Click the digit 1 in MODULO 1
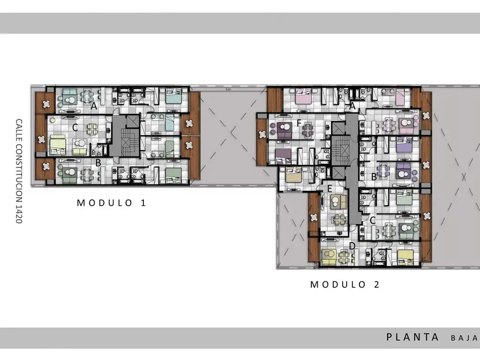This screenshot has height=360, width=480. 143,202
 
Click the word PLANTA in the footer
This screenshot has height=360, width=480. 412,337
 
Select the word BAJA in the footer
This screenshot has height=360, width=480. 464,338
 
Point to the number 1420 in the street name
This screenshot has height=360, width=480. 19,214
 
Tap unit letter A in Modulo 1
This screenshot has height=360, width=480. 94,106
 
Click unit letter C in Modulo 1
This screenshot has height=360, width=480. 75,127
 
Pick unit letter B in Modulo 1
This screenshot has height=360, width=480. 98,163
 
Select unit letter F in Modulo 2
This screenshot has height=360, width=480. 299,123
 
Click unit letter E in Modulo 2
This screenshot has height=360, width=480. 330,188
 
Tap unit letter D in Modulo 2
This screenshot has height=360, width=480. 352,246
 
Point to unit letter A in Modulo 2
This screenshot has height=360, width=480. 352,106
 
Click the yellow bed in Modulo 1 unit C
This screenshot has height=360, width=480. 58,144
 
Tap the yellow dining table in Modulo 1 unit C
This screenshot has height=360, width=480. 92,129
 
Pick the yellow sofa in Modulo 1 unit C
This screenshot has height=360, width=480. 80,152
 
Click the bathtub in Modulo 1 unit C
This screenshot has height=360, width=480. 105,150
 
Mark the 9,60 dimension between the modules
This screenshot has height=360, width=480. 228,90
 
